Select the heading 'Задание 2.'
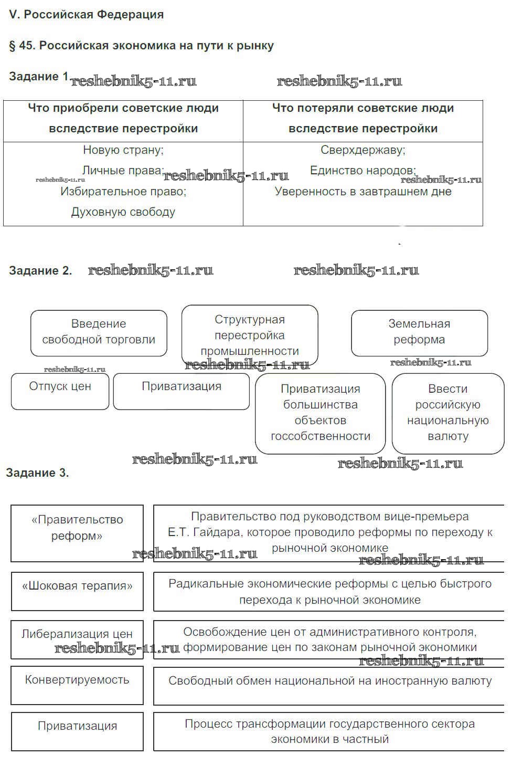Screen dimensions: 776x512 click(40, 271)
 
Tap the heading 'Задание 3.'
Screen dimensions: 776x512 click(37, 473)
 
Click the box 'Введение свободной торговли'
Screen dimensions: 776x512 click(99, 332)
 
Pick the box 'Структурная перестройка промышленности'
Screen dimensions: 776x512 click(250, 334)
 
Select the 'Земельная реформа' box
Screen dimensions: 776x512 click(419, 332)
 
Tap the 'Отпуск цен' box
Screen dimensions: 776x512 click(60, 391)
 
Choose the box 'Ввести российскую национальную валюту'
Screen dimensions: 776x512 click(448, 413)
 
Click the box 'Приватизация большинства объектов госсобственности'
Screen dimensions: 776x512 click(320, 413)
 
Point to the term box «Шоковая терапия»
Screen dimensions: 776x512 click(77, 591)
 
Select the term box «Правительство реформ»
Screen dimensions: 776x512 click(77, 533)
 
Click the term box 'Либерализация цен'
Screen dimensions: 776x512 click(77, 639)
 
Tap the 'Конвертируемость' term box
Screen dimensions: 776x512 click(77, 685)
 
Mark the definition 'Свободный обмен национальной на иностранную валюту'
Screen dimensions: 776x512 click(330, 681)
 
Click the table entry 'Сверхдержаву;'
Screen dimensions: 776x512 click(363, 150)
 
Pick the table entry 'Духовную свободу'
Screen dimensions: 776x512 click(123, 212)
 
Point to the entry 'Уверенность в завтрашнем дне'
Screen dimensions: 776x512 click(363, 192)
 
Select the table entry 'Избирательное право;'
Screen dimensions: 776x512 click(123, 192)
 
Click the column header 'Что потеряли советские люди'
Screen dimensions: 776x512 click(363, 109)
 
